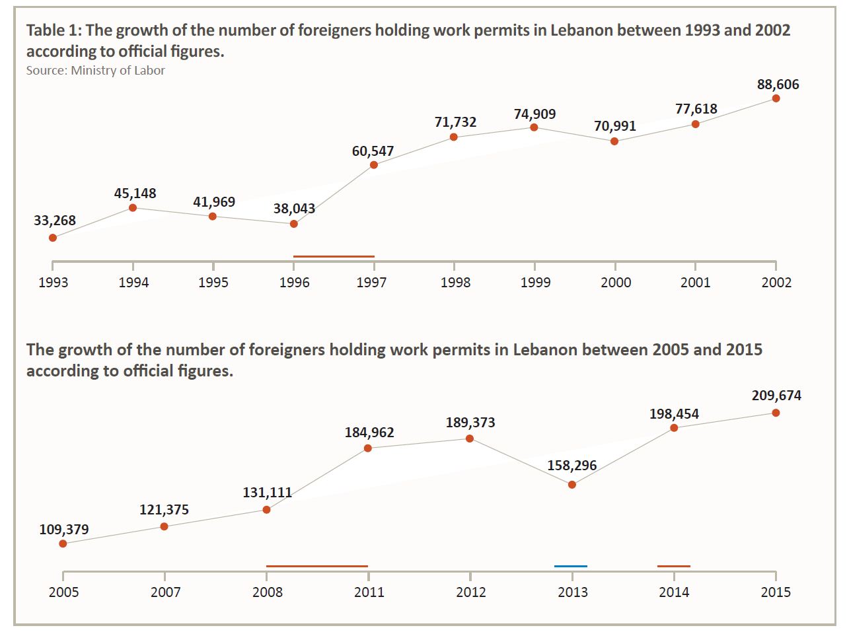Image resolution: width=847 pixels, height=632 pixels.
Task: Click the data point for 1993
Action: (x=53, y=237)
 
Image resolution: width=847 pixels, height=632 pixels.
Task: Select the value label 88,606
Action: (x=778, y=85)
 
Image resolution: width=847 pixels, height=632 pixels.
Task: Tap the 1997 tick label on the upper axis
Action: (x=371, y=283)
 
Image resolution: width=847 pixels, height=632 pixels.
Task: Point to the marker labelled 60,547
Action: (x=374, y=164)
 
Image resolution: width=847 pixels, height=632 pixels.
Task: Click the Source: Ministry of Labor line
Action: (x=95, y=71)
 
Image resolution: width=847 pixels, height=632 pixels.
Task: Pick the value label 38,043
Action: (x=294, y=209)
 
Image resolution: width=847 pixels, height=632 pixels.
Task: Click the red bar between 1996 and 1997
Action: (x=334, y=256)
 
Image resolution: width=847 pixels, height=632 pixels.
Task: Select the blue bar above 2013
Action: (x=571, y=566)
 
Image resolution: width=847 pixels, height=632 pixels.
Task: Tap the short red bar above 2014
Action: (x=673, y=566)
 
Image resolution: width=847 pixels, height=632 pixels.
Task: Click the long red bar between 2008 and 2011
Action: (x=316, y=566)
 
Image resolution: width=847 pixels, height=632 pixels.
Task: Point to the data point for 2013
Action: (x=572, y=485)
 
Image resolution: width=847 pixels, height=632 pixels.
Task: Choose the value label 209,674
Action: (x=776, y=396)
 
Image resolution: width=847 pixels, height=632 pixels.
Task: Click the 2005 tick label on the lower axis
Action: (x=63, y=592)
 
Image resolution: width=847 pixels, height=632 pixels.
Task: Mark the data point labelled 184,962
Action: (x=368, y=448)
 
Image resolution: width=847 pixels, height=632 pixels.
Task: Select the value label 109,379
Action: (x=63, y=530)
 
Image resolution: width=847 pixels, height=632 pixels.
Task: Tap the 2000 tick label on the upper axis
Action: (x=616, y=283)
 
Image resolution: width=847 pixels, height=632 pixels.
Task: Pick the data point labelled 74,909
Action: (x=534, y=127)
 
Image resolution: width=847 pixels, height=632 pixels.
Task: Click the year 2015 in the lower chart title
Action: (x=744, y=350)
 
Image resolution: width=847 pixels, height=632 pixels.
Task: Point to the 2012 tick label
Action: (x=470, y=592)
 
